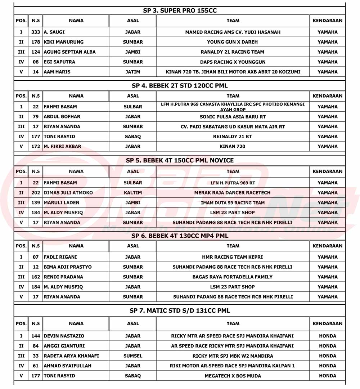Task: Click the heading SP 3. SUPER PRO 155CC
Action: [x=180, y=10]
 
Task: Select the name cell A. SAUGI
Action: [x=54, y=32]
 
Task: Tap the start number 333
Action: [x=36, y=32]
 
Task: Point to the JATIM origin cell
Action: [x=133, y=72]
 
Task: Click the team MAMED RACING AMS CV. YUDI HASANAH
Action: [x=233, y=32]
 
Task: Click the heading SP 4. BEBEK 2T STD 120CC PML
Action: [x=180, y=86]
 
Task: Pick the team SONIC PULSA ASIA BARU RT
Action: [x=233, y=117]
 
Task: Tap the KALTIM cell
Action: [x=133, y=193]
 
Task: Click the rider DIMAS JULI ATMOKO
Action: [x=68, y=193]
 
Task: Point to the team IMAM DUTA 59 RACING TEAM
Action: [x=233, y=203]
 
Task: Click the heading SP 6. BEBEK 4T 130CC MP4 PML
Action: [x=180, y=236]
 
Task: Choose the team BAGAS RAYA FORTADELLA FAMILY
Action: [x=233, y=277]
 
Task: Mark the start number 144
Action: [x=36, y=336]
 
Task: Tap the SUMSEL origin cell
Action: [x=133, y=356]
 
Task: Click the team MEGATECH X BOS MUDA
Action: [x=233, y=376]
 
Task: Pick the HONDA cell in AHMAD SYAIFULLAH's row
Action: [x=328, y=366]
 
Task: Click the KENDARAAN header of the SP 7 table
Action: [x=328, y=323]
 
